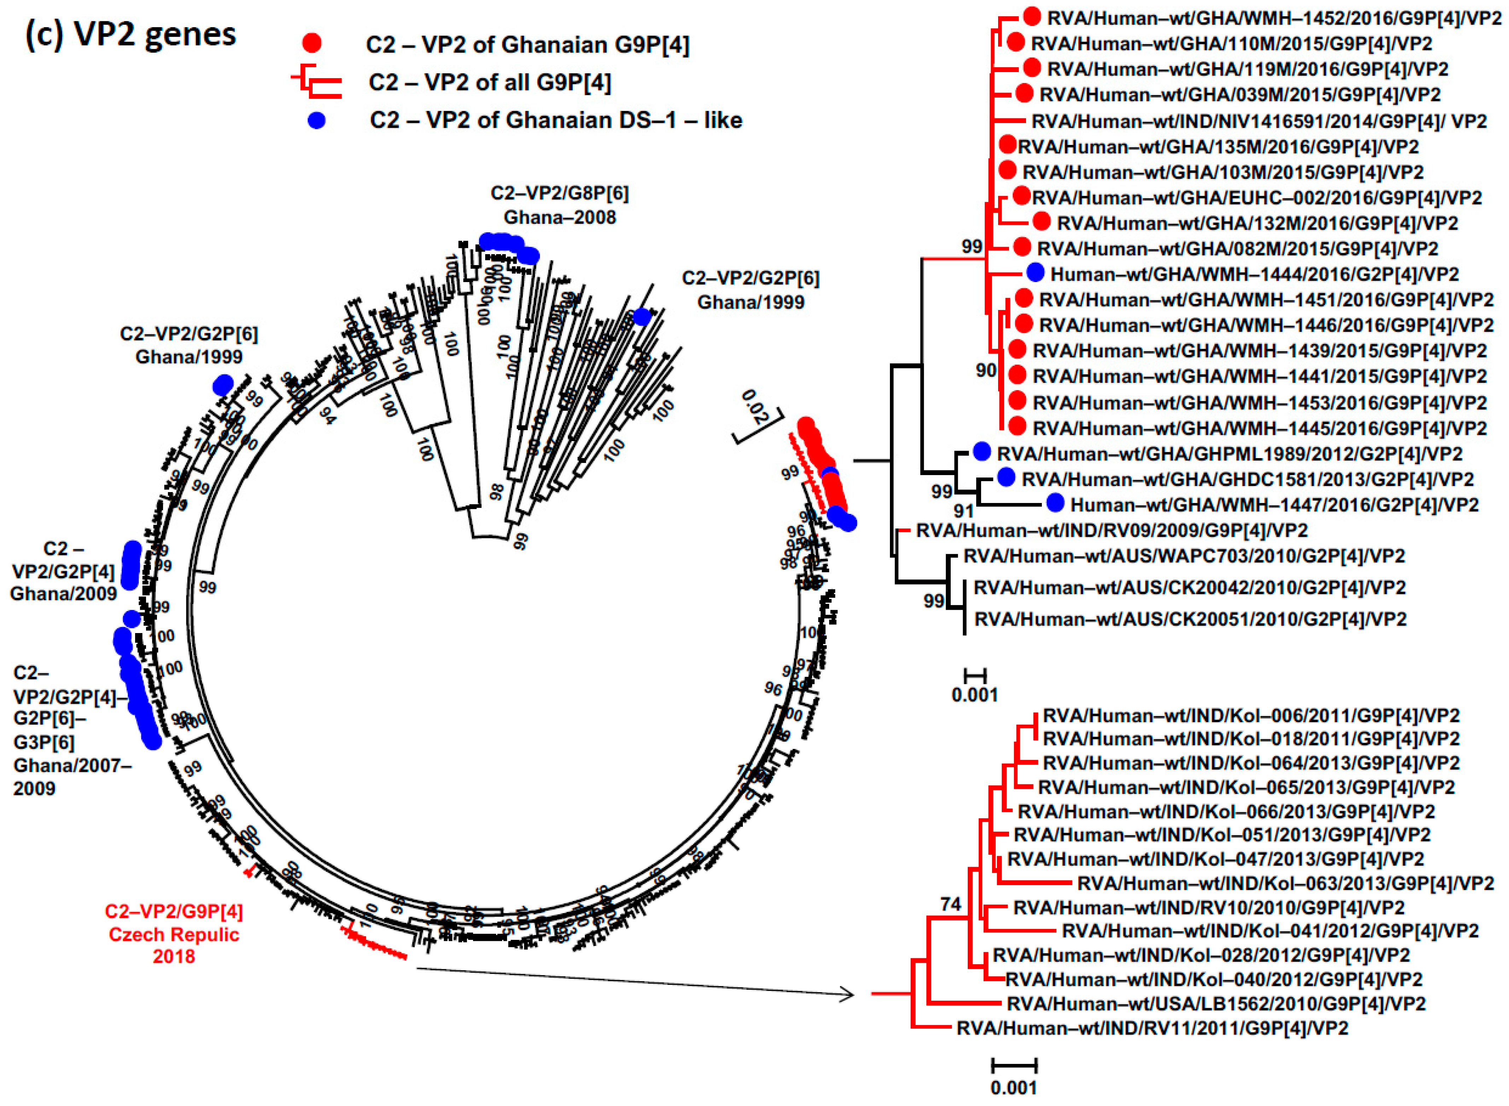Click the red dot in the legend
click(x=312, y=44)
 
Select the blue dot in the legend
click(x=317, y=121)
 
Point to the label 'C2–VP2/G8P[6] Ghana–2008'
click(x=560, y=205)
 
